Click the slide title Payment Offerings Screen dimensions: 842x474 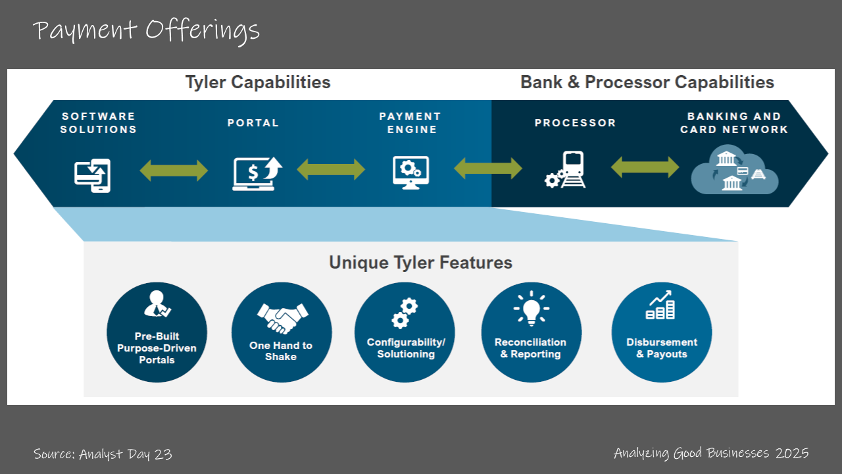click(146, 31)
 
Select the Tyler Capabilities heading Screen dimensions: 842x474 click(258, 82)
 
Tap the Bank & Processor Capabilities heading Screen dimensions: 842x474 click(647, 82)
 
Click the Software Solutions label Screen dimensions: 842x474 click(99, 122)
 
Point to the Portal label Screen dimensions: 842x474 click(253, 122)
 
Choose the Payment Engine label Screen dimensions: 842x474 click(410, 122)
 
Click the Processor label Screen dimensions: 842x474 click(576, 122)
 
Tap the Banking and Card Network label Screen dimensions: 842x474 click(734, 122)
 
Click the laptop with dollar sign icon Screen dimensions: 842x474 click(257, 174)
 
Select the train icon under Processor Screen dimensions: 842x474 click(565, 170)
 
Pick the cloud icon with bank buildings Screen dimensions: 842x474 click(735, 170)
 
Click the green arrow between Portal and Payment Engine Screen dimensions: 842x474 click(331, 169)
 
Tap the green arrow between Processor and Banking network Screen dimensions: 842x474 click(645, 167)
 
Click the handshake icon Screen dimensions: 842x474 click(283, 318)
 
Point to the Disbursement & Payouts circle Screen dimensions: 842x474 click(662, 332)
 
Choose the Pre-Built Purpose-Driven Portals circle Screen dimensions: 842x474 click(157, 332)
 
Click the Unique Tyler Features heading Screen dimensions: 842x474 click(420, 263)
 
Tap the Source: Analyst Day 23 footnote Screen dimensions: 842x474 click(103, 454)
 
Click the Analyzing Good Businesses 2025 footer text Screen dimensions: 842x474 click(711, 454)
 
